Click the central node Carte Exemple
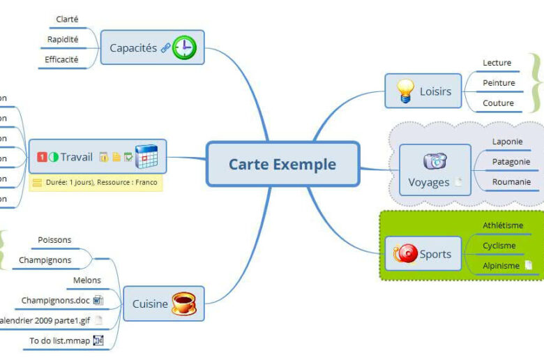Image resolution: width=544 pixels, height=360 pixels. pyautogui.click(x=282, y=165)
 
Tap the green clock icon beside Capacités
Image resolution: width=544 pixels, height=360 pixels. pyautogui.click(x=185, y=47)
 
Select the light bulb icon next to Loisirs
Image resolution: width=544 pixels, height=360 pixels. pyautogui.click(x=405, y=91)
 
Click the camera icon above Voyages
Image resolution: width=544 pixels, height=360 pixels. pyautogui.click(x=435, y=161)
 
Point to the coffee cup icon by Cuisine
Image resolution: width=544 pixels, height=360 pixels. pyautogui.click(x=183, y=303)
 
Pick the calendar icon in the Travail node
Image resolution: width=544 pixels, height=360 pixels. pyautogui.click(x=146, y=156)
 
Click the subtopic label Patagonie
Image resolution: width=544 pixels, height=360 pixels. pyautogui.click(x=511, y=162)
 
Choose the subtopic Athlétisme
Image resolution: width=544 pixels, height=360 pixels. pyautogui.click(x=503, y=225)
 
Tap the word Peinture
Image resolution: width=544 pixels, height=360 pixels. pyautogui.click(x=499, y=83)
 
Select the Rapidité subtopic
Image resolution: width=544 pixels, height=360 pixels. pyautogui.click(x=63, y=40)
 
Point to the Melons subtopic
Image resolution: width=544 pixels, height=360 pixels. pyautogui.click(x=87, y=280)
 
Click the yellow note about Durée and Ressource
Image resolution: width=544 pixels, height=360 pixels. pyautogui.click(x=96, y=183)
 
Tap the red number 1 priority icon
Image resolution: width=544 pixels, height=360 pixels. pyautogui.click(x=42, y=157)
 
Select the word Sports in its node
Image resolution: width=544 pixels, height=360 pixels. pyautogui.click(x=435, y=254)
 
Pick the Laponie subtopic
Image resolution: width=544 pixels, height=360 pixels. pyautogui.click(x=507, y=142)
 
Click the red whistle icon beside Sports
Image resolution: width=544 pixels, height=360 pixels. pyautogui.click(x=406, y=254)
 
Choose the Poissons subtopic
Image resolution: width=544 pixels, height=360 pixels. pyautogui.click(x=54, y=240)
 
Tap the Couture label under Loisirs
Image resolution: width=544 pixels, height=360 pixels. pyautogui.click(x=498, y=103)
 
